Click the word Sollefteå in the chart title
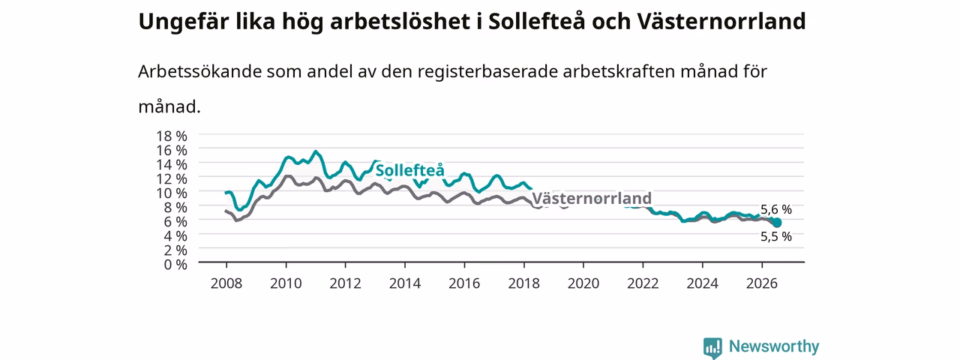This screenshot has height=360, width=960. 536,21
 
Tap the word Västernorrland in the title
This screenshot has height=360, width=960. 721,21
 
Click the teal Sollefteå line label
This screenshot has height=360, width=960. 409,170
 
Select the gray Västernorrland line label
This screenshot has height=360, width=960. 592,199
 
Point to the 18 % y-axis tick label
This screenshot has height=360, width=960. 172,136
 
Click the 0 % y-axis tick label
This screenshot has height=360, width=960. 175,264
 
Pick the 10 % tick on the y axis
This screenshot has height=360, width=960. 172,193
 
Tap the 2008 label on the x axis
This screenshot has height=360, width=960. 226,283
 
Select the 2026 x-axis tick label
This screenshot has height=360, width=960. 761,283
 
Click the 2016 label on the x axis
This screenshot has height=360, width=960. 464,283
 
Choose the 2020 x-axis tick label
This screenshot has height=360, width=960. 583,283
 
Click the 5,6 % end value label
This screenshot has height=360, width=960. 776,209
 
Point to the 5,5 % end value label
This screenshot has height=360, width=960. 776,236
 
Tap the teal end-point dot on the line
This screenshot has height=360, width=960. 776,223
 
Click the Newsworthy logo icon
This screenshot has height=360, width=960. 712,347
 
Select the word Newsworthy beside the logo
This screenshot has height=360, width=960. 774,346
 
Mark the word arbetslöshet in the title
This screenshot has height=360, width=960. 400,21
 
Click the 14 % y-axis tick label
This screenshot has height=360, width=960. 172,164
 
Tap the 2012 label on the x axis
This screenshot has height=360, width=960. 346,283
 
